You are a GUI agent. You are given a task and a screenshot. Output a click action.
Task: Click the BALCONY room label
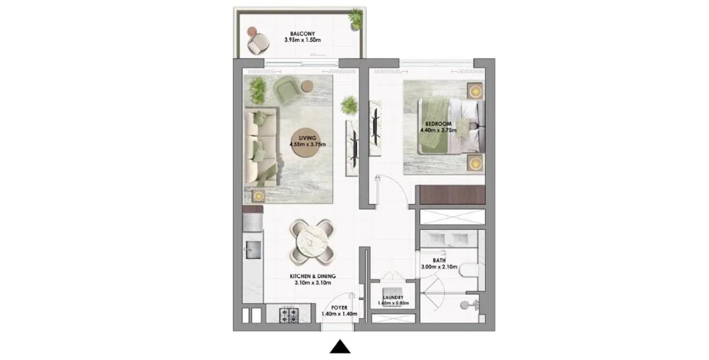point(302,34)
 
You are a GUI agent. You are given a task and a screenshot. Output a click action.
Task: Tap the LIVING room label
point(307,138)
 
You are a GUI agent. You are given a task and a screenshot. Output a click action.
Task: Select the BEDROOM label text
point(438,124)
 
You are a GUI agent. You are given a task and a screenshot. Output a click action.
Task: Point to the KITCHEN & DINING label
point(313,276)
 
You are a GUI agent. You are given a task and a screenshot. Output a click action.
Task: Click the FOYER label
point(340,307)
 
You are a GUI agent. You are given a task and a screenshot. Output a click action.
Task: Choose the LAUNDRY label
point(393,297)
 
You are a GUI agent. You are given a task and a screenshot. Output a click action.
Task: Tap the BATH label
point(439,260)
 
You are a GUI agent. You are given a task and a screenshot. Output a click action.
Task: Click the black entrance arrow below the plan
point(340,346)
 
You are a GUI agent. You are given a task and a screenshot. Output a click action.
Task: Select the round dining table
point(312,242)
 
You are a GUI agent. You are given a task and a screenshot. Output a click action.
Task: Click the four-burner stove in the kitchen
point(289,315)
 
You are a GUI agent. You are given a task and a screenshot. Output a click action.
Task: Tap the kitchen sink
point(253,250)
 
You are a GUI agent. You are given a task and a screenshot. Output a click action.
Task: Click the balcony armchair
point(258,44)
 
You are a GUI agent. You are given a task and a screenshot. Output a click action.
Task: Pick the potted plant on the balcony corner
point(356,18)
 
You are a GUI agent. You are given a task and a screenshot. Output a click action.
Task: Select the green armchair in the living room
point(287,90)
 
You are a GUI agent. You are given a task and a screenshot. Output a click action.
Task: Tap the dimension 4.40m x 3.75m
point(438,130)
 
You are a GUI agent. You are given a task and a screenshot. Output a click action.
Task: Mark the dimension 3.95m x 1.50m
point(302,40)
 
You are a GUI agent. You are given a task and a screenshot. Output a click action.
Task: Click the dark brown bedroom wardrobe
point(452,194)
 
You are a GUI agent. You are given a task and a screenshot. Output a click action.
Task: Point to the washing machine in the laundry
point(393,292)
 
